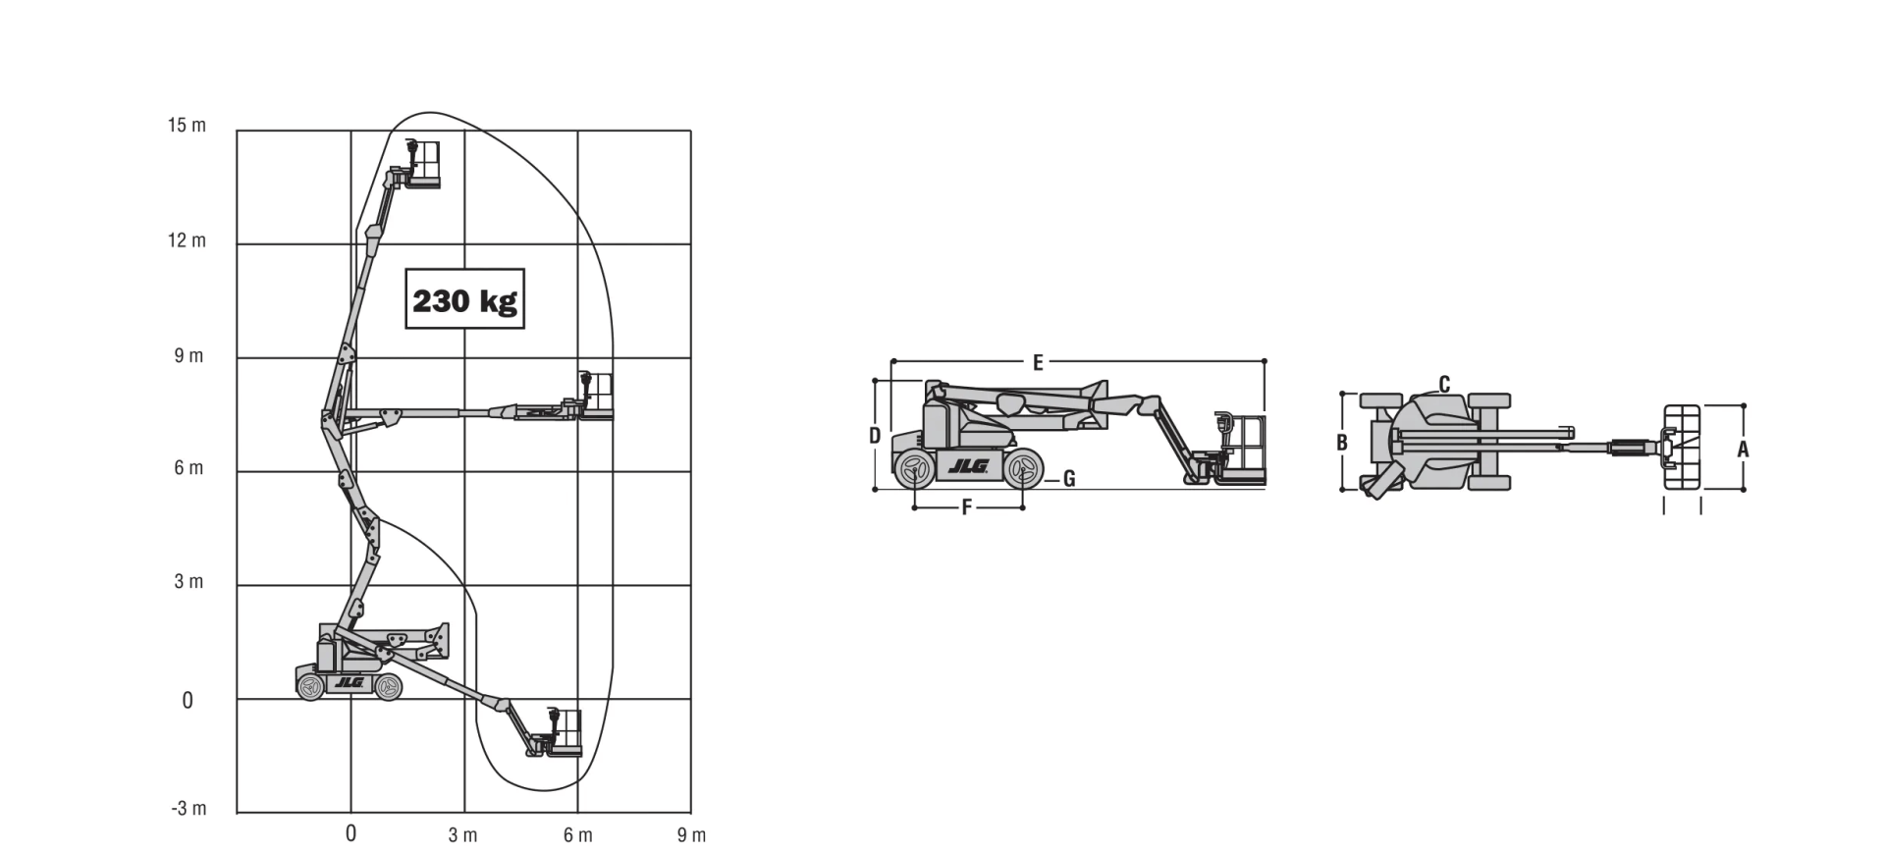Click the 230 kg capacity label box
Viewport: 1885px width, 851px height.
(x=464, y=298)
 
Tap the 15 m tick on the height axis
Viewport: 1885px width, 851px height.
(x=187, y=126)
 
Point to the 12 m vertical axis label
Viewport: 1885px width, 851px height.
(x=187, y=240)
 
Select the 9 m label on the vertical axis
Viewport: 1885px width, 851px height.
(x=188, y=355)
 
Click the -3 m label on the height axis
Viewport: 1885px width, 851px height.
(x=188, y=809)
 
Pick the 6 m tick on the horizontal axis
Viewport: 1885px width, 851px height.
(x=578, y=835)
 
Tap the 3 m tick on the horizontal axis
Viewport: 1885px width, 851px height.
(x=462, y=835)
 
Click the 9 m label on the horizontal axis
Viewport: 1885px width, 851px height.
(x=691, y=835)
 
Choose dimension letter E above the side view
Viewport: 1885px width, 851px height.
(x=1038, y=363)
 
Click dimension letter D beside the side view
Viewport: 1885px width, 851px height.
(x=875, y=436)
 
